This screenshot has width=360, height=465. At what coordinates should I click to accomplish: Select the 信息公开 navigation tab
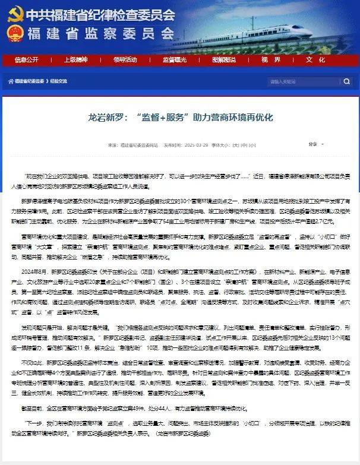[26, 59]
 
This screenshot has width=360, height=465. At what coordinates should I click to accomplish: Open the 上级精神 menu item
[75, 59]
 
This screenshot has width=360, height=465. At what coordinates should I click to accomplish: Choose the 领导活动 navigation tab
[125, 59]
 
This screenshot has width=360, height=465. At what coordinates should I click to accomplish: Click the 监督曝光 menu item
[175, 59]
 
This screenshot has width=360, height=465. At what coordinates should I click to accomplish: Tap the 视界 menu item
[270, 59]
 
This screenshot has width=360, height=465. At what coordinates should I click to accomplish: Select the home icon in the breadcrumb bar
[10, 81]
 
